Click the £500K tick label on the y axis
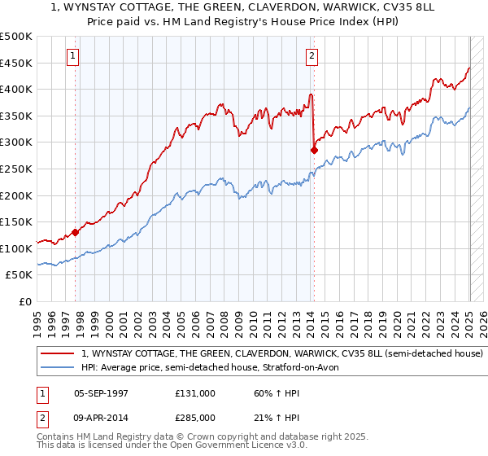[16, 37]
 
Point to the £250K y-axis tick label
[16, 169]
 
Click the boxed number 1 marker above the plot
[74, 56]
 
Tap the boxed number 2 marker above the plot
[312, 56]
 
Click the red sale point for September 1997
[75, 232]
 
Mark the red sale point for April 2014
[313, 150]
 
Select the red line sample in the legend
[58, 354]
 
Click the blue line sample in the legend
[58, 368]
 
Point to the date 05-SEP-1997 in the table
[101, 392]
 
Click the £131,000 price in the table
[195, 392]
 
